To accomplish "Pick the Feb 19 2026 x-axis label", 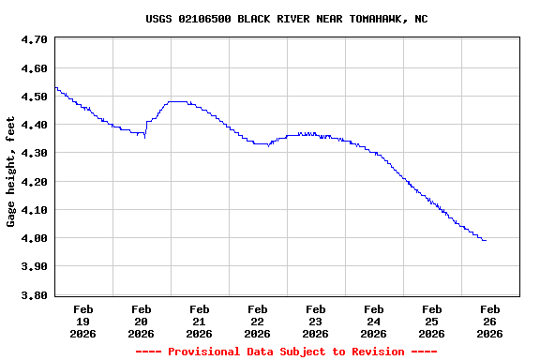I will pos(82,321).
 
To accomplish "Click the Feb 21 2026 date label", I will pos(199,321).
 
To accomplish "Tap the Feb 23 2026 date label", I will pos(315,321).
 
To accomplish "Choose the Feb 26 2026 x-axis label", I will pos(489,321).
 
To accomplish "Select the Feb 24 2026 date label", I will pos(373,321).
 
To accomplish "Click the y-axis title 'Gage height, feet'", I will pos(11,172).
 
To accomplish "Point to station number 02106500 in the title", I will pos(204,19).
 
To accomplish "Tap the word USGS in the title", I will pos(158,19).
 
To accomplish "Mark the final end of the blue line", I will pos(486,241).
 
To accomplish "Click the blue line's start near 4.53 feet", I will pos(56,88).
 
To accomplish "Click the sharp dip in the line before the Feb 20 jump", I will pos(144,137).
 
